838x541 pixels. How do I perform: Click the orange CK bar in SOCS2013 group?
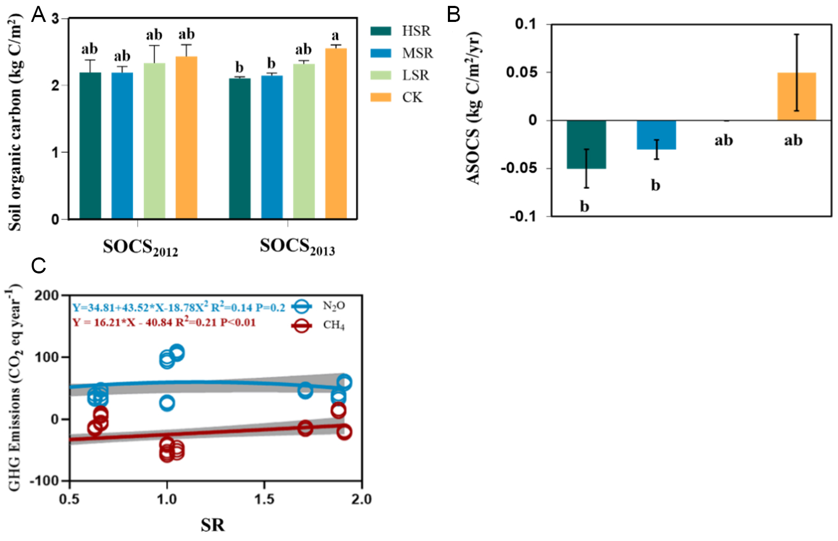(x=336, y=134)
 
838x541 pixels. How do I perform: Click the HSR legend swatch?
(x=381, y=31)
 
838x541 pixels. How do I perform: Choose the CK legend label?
(x=412, y=97)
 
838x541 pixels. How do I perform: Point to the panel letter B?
(x=453, y=15)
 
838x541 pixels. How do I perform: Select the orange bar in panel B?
(x=796, y=96)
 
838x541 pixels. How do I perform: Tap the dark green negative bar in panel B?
(x=586, y=144)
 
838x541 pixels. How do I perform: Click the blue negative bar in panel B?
(x=656, y=135)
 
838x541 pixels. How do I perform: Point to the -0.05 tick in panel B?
(x=518, y=169)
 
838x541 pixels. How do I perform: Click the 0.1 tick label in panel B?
(x=525, y=25)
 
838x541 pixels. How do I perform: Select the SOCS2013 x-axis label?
(x=297, y=247)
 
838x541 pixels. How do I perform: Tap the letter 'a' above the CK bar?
(x=335, y=36)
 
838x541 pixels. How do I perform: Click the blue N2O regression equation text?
(x=179, y=308)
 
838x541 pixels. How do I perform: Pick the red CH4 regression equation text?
(x=164, y=323)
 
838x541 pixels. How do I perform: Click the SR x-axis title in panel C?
(x=212, y=525)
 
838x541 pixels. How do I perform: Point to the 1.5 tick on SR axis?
(x=264, y=499)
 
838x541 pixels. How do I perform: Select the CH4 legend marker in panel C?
(x=302, y=325)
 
